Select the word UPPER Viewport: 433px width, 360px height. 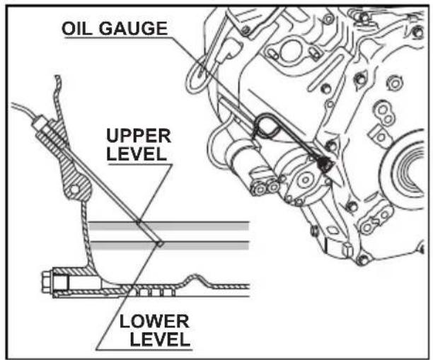click(x=139, y=136)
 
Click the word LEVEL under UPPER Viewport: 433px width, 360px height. click(x=137, y=153)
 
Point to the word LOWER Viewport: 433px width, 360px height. click(x=154, y=321)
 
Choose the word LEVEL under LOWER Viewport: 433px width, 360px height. click(x=160, y=339)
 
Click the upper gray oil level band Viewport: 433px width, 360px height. click(x=168, y=226)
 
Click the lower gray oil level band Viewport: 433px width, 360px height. click(x=168, y=245)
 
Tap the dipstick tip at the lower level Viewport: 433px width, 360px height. click(x=159, y=243)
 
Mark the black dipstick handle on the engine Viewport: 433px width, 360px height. click(x=324, y=164)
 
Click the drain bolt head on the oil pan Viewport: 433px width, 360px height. click(x=47, y=282)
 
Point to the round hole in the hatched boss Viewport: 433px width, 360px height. click(x=74, y=190)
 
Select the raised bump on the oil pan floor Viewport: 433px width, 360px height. click(x=195, y=279)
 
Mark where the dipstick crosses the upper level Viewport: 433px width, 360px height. click(x=139, y=223)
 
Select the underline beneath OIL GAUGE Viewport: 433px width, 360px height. click(x=117, y=37)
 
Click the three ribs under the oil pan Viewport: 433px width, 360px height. click(x=156, y=292)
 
